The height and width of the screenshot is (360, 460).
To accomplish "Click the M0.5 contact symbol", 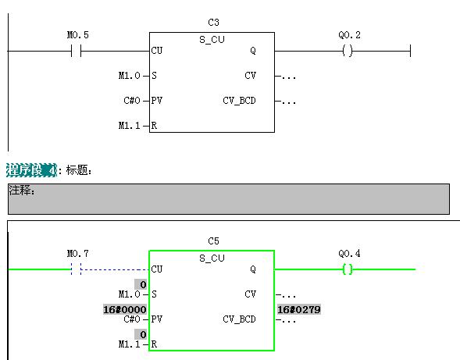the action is [77, 51].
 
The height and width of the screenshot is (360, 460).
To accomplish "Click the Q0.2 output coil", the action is [348, 51].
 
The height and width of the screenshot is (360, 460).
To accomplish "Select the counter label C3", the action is [213, 23].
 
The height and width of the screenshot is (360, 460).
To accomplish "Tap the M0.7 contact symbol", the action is [77, 269].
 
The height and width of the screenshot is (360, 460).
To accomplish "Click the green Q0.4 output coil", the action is [348, 269].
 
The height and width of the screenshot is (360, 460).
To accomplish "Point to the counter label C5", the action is [213, 241].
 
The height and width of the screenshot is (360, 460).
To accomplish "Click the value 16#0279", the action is [299, 309].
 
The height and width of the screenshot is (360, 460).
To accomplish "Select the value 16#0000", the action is [125, 309].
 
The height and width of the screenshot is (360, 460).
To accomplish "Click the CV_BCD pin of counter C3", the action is [240, 101].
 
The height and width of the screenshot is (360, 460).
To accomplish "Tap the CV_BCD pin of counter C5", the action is [240, 319].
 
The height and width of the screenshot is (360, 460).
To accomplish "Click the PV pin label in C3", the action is [157, 101].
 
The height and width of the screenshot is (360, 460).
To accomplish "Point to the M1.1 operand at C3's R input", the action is [130, 126].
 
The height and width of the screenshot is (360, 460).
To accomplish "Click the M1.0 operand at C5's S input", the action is [130, 294].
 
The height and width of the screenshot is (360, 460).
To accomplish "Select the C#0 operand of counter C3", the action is [132, 101].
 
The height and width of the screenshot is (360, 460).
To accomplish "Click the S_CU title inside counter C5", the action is [212, 258].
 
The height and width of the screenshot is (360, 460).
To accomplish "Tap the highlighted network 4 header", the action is [31, 170].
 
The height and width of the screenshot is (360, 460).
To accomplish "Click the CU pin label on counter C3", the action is [157, 51].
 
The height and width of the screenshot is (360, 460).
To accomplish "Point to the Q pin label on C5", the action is [253, 269].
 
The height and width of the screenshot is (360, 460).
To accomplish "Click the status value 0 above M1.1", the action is [141, 334].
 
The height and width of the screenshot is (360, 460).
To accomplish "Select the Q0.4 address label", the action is [349, 254].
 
